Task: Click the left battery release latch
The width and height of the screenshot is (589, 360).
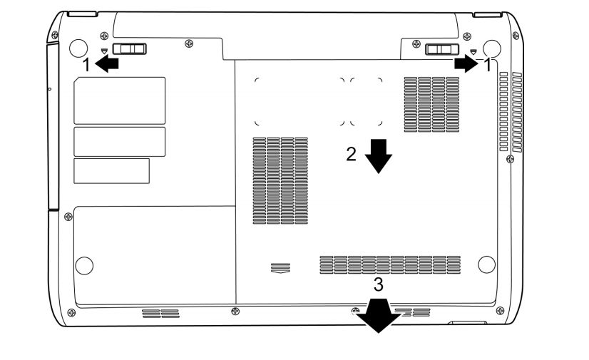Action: pyautogui.click(x=129, y=48)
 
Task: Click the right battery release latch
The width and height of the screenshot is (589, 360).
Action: pyautogui.click(x=442, y=49)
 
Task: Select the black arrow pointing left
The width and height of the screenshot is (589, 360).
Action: pyautogui.click(x=107, y=63)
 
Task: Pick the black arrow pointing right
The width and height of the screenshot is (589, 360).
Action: pyautogui.click(x=466, y=63)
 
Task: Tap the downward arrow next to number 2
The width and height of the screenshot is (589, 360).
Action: pyautogui.click(x=378, y=156)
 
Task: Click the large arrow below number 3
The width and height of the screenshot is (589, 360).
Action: pyautogui.click(x=378, y=315)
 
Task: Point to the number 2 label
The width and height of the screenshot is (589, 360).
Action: pyautogui.click(x=351, y=154)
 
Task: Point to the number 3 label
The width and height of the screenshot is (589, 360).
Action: pyautogui.click(x=378, y=284)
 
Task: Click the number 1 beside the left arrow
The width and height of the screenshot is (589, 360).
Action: pyautogui.click(x=86, y=65)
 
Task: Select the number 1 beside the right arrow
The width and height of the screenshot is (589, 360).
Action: pyautogui.click(x=487, y=65)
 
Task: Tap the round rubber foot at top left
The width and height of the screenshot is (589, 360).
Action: pyautogui.click(x=78, y=48)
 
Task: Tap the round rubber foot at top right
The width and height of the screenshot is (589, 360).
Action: pyautogui.click(x=492, y=48)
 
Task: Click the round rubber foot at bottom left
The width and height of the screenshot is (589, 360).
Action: pyautogui.click(x=84, y=265)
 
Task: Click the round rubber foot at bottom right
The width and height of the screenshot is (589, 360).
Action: pyautogui.click(x=486, y=264)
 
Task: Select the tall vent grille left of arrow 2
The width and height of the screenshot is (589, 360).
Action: pyautogui.click(x=280, y=180)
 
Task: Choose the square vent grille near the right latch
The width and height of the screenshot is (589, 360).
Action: pyautogui.click(x=431, y=104)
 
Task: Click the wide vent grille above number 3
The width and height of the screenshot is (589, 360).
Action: pyautogui.click(x=390, y=264)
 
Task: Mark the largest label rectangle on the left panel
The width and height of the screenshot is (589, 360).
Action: pyautogui.click(x=120, y=101)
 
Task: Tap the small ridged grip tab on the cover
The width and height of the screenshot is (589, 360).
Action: pyautogui.click(x=280, y=268)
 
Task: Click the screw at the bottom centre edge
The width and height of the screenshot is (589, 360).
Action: pyautogui.click(x=235, y=311)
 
